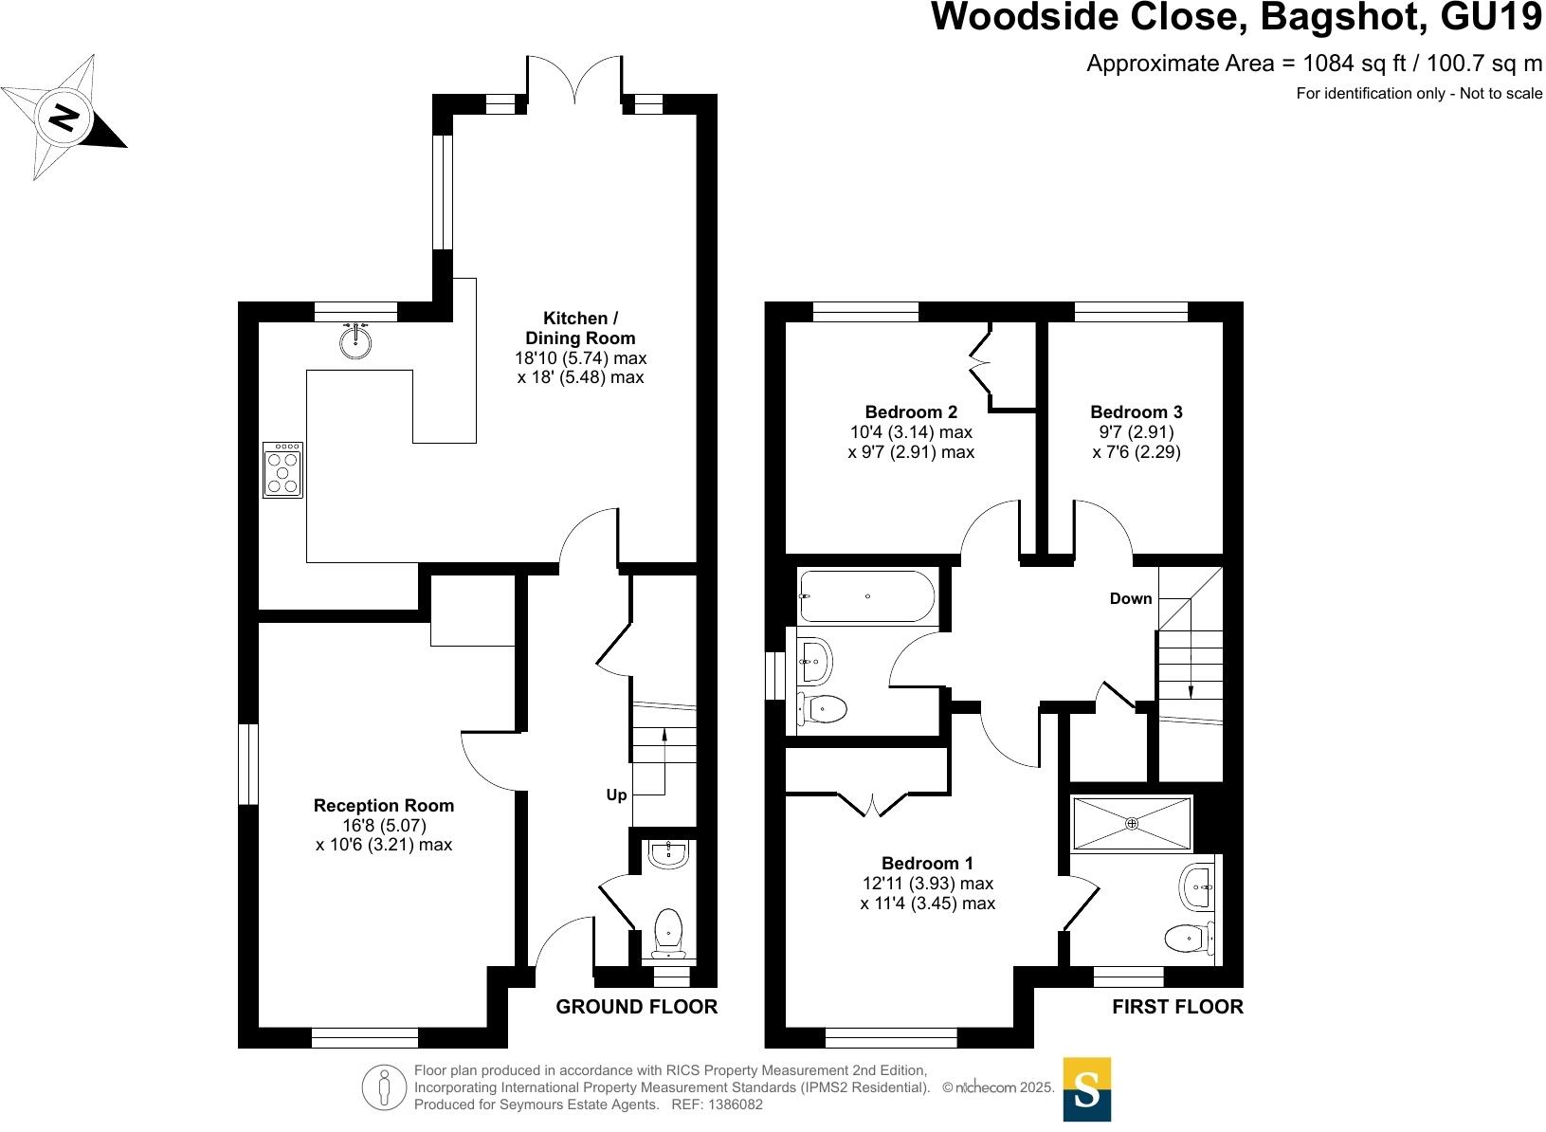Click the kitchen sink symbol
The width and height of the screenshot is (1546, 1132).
pos(355,341)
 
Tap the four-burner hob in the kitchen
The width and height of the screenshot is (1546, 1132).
pos(282,469)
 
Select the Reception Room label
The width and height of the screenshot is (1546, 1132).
pos(384,806)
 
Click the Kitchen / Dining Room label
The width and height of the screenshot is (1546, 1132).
pos(580,328)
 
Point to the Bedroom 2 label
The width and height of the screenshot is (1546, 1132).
pos(911,412)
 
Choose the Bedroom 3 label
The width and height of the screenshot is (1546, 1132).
pos(1137,412)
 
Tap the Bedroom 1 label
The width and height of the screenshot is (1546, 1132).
pos(927,864)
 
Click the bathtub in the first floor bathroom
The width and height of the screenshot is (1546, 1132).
pos(866,596)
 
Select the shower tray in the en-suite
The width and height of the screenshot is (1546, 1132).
pos(1131,823)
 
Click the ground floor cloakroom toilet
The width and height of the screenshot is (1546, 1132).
pos(669,929)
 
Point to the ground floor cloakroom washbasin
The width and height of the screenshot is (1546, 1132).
pos(669,852)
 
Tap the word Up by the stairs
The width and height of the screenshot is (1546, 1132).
pos(616,795)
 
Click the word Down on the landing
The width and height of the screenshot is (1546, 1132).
pos(1131,599)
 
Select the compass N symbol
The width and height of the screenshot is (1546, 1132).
pos(64,118)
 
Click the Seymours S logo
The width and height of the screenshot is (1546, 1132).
pos(1086,1089)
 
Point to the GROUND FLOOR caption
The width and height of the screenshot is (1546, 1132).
pos(637,1007)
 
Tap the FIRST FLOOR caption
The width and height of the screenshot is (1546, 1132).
pos(1177,1007)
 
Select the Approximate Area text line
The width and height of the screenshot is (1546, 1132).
pos(1314,64)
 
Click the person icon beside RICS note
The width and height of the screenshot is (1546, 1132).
pos(384,1087)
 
